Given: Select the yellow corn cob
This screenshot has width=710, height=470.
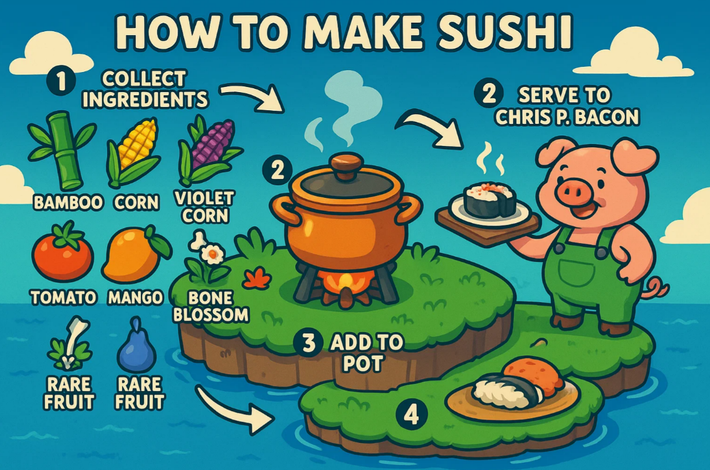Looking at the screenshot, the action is (134, 152).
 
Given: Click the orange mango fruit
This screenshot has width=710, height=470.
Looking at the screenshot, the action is (134, 255).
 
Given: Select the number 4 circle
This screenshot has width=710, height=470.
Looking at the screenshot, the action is (411, 415).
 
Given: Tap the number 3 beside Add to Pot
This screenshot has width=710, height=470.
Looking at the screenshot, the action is (309, 343).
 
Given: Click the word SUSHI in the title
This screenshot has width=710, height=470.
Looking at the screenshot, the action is (504, 32).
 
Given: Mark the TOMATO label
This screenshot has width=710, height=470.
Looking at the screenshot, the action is (64, 298).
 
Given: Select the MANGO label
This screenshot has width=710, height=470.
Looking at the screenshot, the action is (136, 298).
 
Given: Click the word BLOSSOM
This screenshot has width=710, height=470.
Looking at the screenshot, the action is (211, 314).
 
